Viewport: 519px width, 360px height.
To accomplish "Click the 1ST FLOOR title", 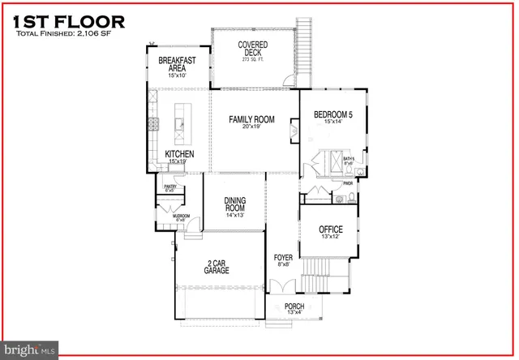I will coord(70,21).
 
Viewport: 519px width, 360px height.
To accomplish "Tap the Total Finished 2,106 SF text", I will coord(65,35).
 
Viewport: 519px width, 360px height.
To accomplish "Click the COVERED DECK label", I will coord(252,49).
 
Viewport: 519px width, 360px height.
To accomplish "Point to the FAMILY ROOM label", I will coord(251,120).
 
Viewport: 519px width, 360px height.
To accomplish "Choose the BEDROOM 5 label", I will coord(333,114).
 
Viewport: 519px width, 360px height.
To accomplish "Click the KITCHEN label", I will coord(179,153).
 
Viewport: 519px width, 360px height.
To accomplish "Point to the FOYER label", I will coord(283,258).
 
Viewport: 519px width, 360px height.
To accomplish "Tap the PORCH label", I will coord(294,306).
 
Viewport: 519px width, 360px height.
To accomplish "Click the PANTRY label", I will coord(170,187).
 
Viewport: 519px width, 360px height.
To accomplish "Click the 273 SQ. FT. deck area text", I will coord(254,60).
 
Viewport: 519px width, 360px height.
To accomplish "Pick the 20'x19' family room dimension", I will coord(251,129).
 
